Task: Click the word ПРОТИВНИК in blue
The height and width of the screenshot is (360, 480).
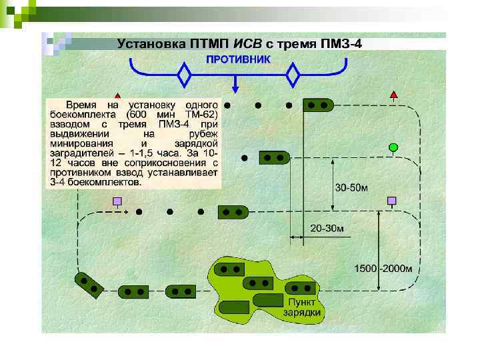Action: click(x=238, y=59)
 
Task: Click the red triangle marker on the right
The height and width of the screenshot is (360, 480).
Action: click(x=394, y=96)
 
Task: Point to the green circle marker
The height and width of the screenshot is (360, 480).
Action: click(x=393, y=147)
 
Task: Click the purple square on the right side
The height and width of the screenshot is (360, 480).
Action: click(x=392, y=200)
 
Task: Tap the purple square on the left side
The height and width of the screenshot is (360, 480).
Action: click(x=117, y=201)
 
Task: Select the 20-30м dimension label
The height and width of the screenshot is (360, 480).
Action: click(x=327, y=229)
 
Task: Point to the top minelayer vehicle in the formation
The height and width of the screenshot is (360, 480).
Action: click(x=318, y=105)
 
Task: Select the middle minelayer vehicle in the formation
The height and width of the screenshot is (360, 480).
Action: click(x=273, y=159)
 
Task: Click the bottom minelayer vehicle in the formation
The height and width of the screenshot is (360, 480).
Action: click(x=234, y=212)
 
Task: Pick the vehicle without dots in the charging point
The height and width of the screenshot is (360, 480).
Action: click(x=235, y=308)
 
